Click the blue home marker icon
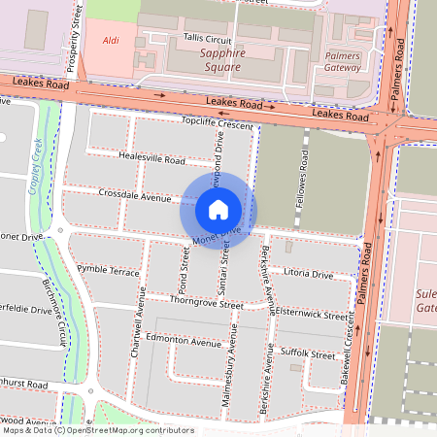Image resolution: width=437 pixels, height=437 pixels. pyautogui.click(x=218, y=209)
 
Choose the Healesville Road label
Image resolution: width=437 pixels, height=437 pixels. pyautogui.click(x=151, y=157)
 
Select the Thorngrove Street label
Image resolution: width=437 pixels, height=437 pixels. pyautogui.click(x=206, y=303)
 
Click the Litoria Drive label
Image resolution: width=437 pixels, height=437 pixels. pyautogui.click(x=309, y=275)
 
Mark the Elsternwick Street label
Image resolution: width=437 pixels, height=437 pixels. pyautogui.click(x=311, y=315)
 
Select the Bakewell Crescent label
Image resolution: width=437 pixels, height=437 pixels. pyautogui.click(x=345, y=357)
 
